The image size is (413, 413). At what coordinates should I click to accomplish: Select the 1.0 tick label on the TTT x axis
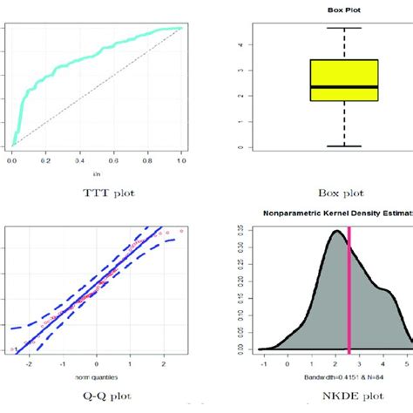click(x=181, y=162)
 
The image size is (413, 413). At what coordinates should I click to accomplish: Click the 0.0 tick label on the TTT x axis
click(x=12, y=162)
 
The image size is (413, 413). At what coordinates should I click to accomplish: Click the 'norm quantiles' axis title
click(x=94, y=376)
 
